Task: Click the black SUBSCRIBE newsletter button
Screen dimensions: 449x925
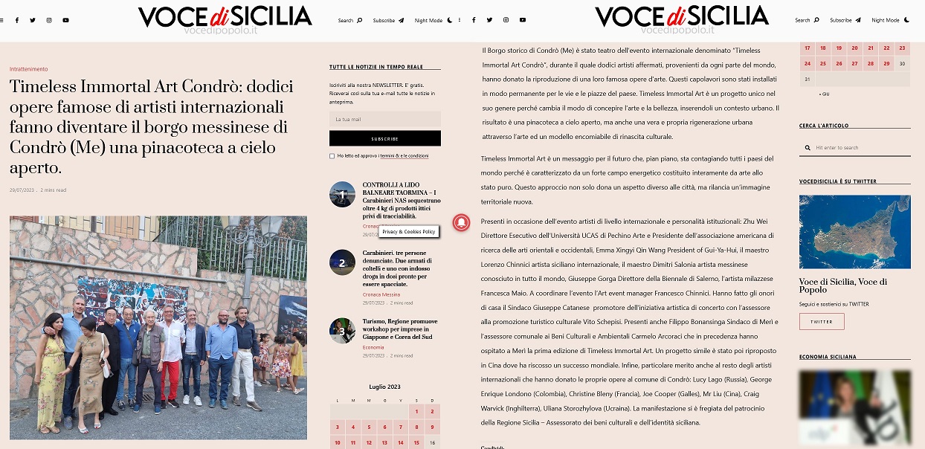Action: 384,138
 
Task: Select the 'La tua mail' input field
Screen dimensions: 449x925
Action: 384,119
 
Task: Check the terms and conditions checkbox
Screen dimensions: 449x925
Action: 332,156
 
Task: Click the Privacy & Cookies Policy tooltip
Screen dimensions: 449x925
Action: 408,232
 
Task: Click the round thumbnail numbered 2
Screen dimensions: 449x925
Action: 342,262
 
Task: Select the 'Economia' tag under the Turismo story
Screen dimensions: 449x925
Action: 373,347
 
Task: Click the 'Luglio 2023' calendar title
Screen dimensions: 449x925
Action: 384,387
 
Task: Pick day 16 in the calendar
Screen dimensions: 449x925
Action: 432,442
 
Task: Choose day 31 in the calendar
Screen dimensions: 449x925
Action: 807,79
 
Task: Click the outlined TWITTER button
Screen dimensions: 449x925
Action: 822,321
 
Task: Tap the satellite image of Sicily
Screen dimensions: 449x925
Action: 854,231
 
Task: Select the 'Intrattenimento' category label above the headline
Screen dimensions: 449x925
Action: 29,69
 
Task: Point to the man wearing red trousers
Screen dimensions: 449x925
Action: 171,357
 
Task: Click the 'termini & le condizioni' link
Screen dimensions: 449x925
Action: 404,156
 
